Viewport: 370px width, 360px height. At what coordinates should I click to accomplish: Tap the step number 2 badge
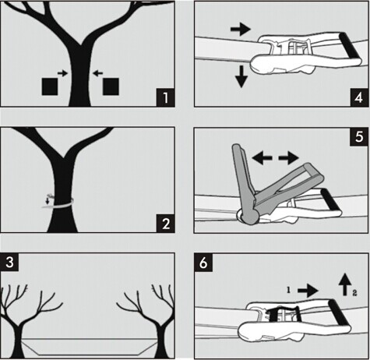point(164,224)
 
